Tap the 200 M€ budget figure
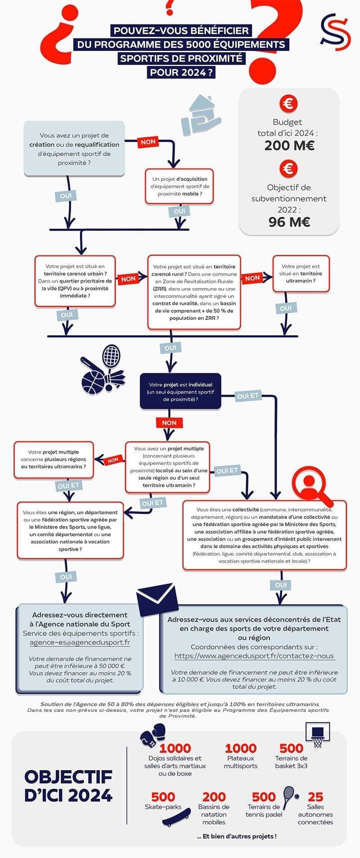pos(289,146)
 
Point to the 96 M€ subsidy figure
pos(289,222)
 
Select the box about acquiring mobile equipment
pos(179,186)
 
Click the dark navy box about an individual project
pos(180,391)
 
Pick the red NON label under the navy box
pos(169,423)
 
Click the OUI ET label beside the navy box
pos(247,396)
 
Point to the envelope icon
pos(155,601)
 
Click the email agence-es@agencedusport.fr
pos(80,642)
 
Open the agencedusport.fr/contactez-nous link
pos(254,656)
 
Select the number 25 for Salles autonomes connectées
pos(315,796)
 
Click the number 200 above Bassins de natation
pos(214,797)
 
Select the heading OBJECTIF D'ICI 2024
pos(68,786)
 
